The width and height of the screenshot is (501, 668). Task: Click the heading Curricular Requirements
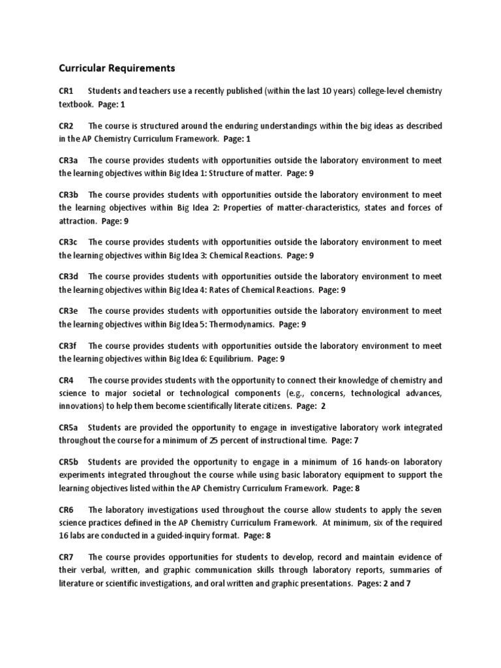(x=117, y=68)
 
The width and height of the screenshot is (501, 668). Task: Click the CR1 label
(x=67, y=91)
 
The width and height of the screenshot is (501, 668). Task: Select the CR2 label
(x=67, y=126)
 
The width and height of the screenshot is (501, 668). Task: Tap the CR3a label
(x=69, y=160)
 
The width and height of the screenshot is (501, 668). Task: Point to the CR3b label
(x=70, y=195)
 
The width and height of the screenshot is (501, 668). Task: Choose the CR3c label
(x=69, y=242)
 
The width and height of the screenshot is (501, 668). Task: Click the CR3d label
(x=70, y=277)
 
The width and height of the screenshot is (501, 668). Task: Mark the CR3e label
(x=69, y=311)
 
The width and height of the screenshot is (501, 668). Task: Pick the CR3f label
(x=68, y=346)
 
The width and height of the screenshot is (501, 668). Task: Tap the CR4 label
(x=67, y=380)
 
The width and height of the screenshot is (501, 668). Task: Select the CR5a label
(x=69, y=427)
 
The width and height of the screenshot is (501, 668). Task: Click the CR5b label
(x=70, y=462)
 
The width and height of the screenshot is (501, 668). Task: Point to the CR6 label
(x=67, y=509)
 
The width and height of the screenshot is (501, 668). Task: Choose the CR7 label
(x=67, y=556)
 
